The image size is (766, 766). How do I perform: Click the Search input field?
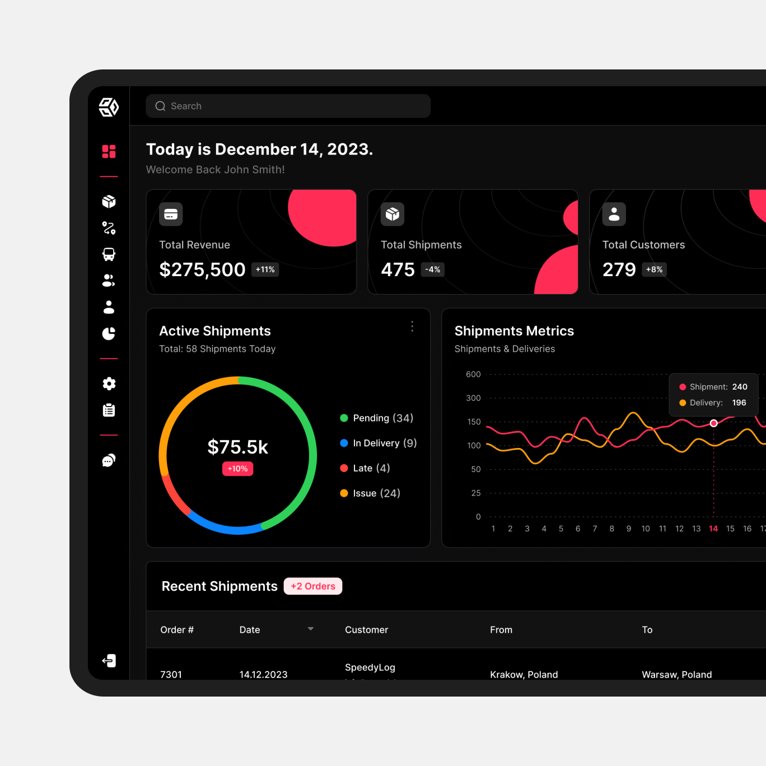coord(288,106)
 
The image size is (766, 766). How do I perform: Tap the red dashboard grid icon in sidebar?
coord(109,151)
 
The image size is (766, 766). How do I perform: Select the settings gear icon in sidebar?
coord(109,384)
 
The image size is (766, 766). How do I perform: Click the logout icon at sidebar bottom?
coord(109,661)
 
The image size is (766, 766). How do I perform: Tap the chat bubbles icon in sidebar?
coord(109,460)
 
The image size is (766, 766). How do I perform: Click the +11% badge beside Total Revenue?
coord(265,270)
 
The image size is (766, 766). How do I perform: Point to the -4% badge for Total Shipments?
coord(432,270)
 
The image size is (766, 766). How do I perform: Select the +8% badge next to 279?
coord(654,270)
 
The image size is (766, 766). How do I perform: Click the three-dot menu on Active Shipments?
coord(412,326)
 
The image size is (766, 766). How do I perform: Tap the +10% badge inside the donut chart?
coord(237,469)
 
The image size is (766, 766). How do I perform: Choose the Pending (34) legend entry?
coord(376,418)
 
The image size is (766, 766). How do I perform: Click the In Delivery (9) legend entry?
coord(378,443)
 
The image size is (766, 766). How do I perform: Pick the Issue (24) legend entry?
coord(370,493)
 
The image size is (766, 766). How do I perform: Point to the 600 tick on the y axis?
coord(473,375)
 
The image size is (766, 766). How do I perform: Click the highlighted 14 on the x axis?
coord(713,529)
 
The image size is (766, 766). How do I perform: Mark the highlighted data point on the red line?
coord(713,423)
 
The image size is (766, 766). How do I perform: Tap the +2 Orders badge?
coord(313,586)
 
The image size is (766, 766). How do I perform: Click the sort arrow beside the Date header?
coord(311,629)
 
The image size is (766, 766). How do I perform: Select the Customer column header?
coord(366,630)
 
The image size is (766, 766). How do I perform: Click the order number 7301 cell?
coord(171,674)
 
